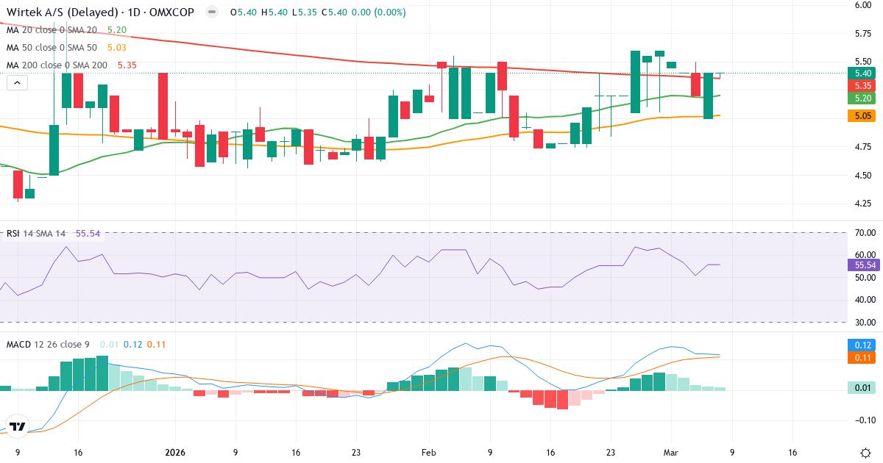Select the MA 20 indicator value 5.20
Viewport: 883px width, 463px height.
(117, 30)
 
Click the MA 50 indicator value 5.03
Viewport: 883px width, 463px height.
(117, 48)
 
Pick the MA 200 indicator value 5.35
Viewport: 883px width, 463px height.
(127, 65)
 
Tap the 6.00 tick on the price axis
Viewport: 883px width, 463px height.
(863, 5)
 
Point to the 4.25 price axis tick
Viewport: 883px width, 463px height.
(863, 203)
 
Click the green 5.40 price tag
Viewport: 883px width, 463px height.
(863, 73)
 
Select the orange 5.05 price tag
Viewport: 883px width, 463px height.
(863, 115)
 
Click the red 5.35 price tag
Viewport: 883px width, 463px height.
(863, 85)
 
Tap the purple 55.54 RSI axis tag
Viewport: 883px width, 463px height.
(865, 265)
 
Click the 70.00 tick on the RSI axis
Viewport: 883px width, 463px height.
(865, 233)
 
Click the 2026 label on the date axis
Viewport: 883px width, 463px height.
(176, 453)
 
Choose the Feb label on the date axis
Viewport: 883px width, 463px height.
(428, 453)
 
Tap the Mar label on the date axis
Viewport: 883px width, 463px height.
(670, 453)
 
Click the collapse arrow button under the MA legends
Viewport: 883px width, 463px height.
(17, 83)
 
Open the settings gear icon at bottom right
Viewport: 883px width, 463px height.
(866, 453)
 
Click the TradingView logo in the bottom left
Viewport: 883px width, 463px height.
(18, 426)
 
